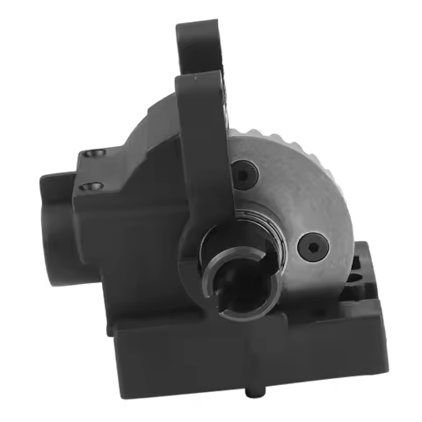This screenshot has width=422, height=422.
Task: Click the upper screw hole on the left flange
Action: pyautogui.click(x=88, y=156)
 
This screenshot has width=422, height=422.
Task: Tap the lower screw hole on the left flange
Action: pyautogui.click(x=89, y=186)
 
